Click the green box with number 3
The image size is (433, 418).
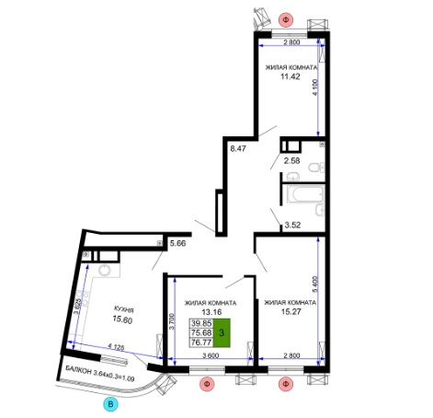pos(222,332)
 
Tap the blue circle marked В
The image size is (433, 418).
pos(110,404)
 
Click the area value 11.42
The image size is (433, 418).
pos(291,76)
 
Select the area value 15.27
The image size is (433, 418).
pos(291,312)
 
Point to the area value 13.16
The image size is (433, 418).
pos(211,312)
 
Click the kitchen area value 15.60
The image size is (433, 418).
pos(122,319)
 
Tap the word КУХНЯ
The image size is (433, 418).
pos(124,309)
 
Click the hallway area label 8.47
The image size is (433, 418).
pos(238,149)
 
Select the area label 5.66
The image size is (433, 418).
pos(178,243)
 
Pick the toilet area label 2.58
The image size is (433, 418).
pos(291,160)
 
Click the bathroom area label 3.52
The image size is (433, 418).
pos(292,225)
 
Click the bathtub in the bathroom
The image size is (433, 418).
pos(305,194)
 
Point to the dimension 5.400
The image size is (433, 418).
pos(315,284)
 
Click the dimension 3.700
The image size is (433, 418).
pos(172,321)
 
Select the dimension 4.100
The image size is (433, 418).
pos(315,87)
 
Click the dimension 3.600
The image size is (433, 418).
pos(211,355)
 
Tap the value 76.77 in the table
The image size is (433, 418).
pos(201,343)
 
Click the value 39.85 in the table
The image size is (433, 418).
pos(201,323)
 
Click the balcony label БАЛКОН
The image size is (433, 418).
pos(78,370)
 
